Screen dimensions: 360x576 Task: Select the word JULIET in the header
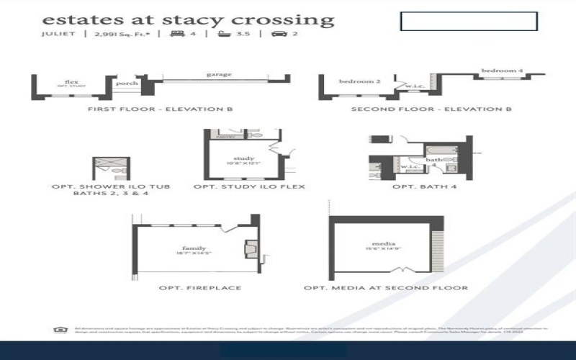pyautogui.click(x=58, y=34)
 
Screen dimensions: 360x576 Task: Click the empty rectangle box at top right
pyautogui.click(x=469, y=21)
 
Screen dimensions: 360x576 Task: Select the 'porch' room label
pyautogui.click(x=123, y=82)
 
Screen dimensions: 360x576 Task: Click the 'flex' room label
pyautogui.click(x=71, y=82)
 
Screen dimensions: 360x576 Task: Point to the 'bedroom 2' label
pyautogui.click(x=359, y=81)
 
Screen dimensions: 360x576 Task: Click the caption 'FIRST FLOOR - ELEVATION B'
pyautogui.click(x=160, y=109)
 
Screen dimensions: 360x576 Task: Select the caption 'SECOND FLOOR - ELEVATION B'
pyautogui.click(x=431, y=109)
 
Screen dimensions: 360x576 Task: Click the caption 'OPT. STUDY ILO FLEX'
pyautogui.click(x=249, y=186)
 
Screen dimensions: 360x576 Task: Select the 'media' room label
pyautogui.click(x=381, y=244)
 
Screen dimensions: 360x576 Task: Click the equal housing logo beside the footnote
pyautogui.click(x=58, y=330)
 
